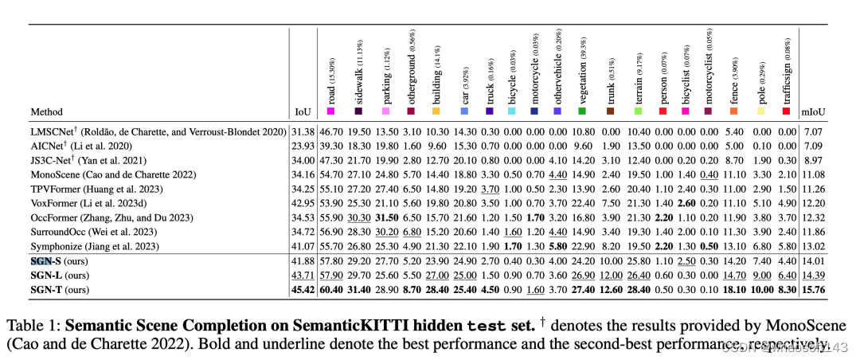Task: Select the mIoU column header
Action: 813,112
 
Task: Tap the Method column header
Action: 48,112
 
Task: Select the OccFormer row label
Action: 111,195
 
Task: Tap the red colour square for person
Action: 660,112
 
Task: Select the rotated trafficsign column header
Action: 786,68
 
